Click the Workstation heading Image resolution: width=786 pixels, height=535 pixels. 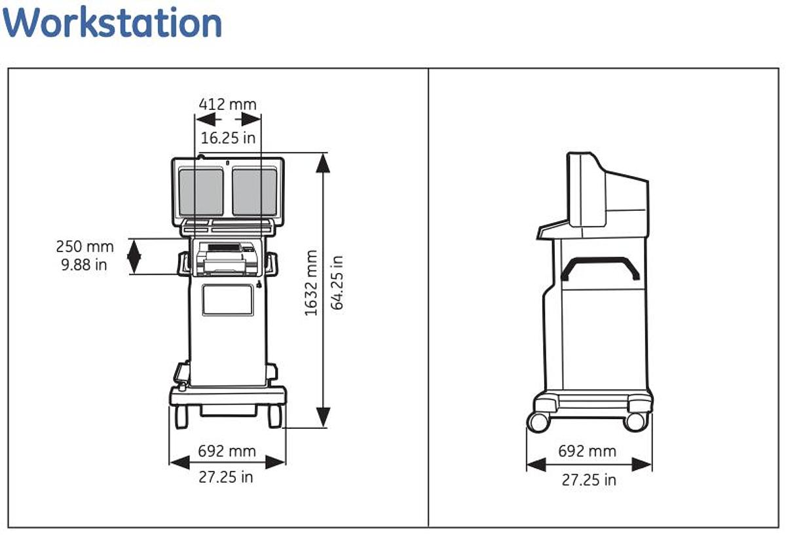[x=112, y=22]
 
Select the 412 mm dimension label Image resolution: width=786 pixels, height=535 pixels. [x=228, y=105]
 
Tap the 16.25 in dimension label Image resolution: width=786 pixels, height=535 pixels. [x=228, y=138]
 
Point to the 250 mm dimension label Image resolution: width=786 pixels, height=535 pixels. [x=85, y=246]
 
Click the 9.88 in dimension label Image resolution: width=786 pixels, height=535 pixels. [x=84, y=265]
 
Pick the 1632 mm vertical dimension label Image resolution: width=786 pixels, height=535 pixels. [x=311, y=283]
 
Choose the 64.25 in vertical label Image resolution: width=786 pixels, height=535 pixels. [x=337, y=283]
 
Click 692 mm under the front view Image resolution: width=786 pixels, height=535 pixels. [x=227, y=451]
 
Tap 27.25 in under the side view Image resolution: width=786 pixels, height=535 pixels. [x=589, y=480]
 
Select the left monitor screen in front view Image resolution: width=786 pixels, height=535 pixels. [x=201, y=191]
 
